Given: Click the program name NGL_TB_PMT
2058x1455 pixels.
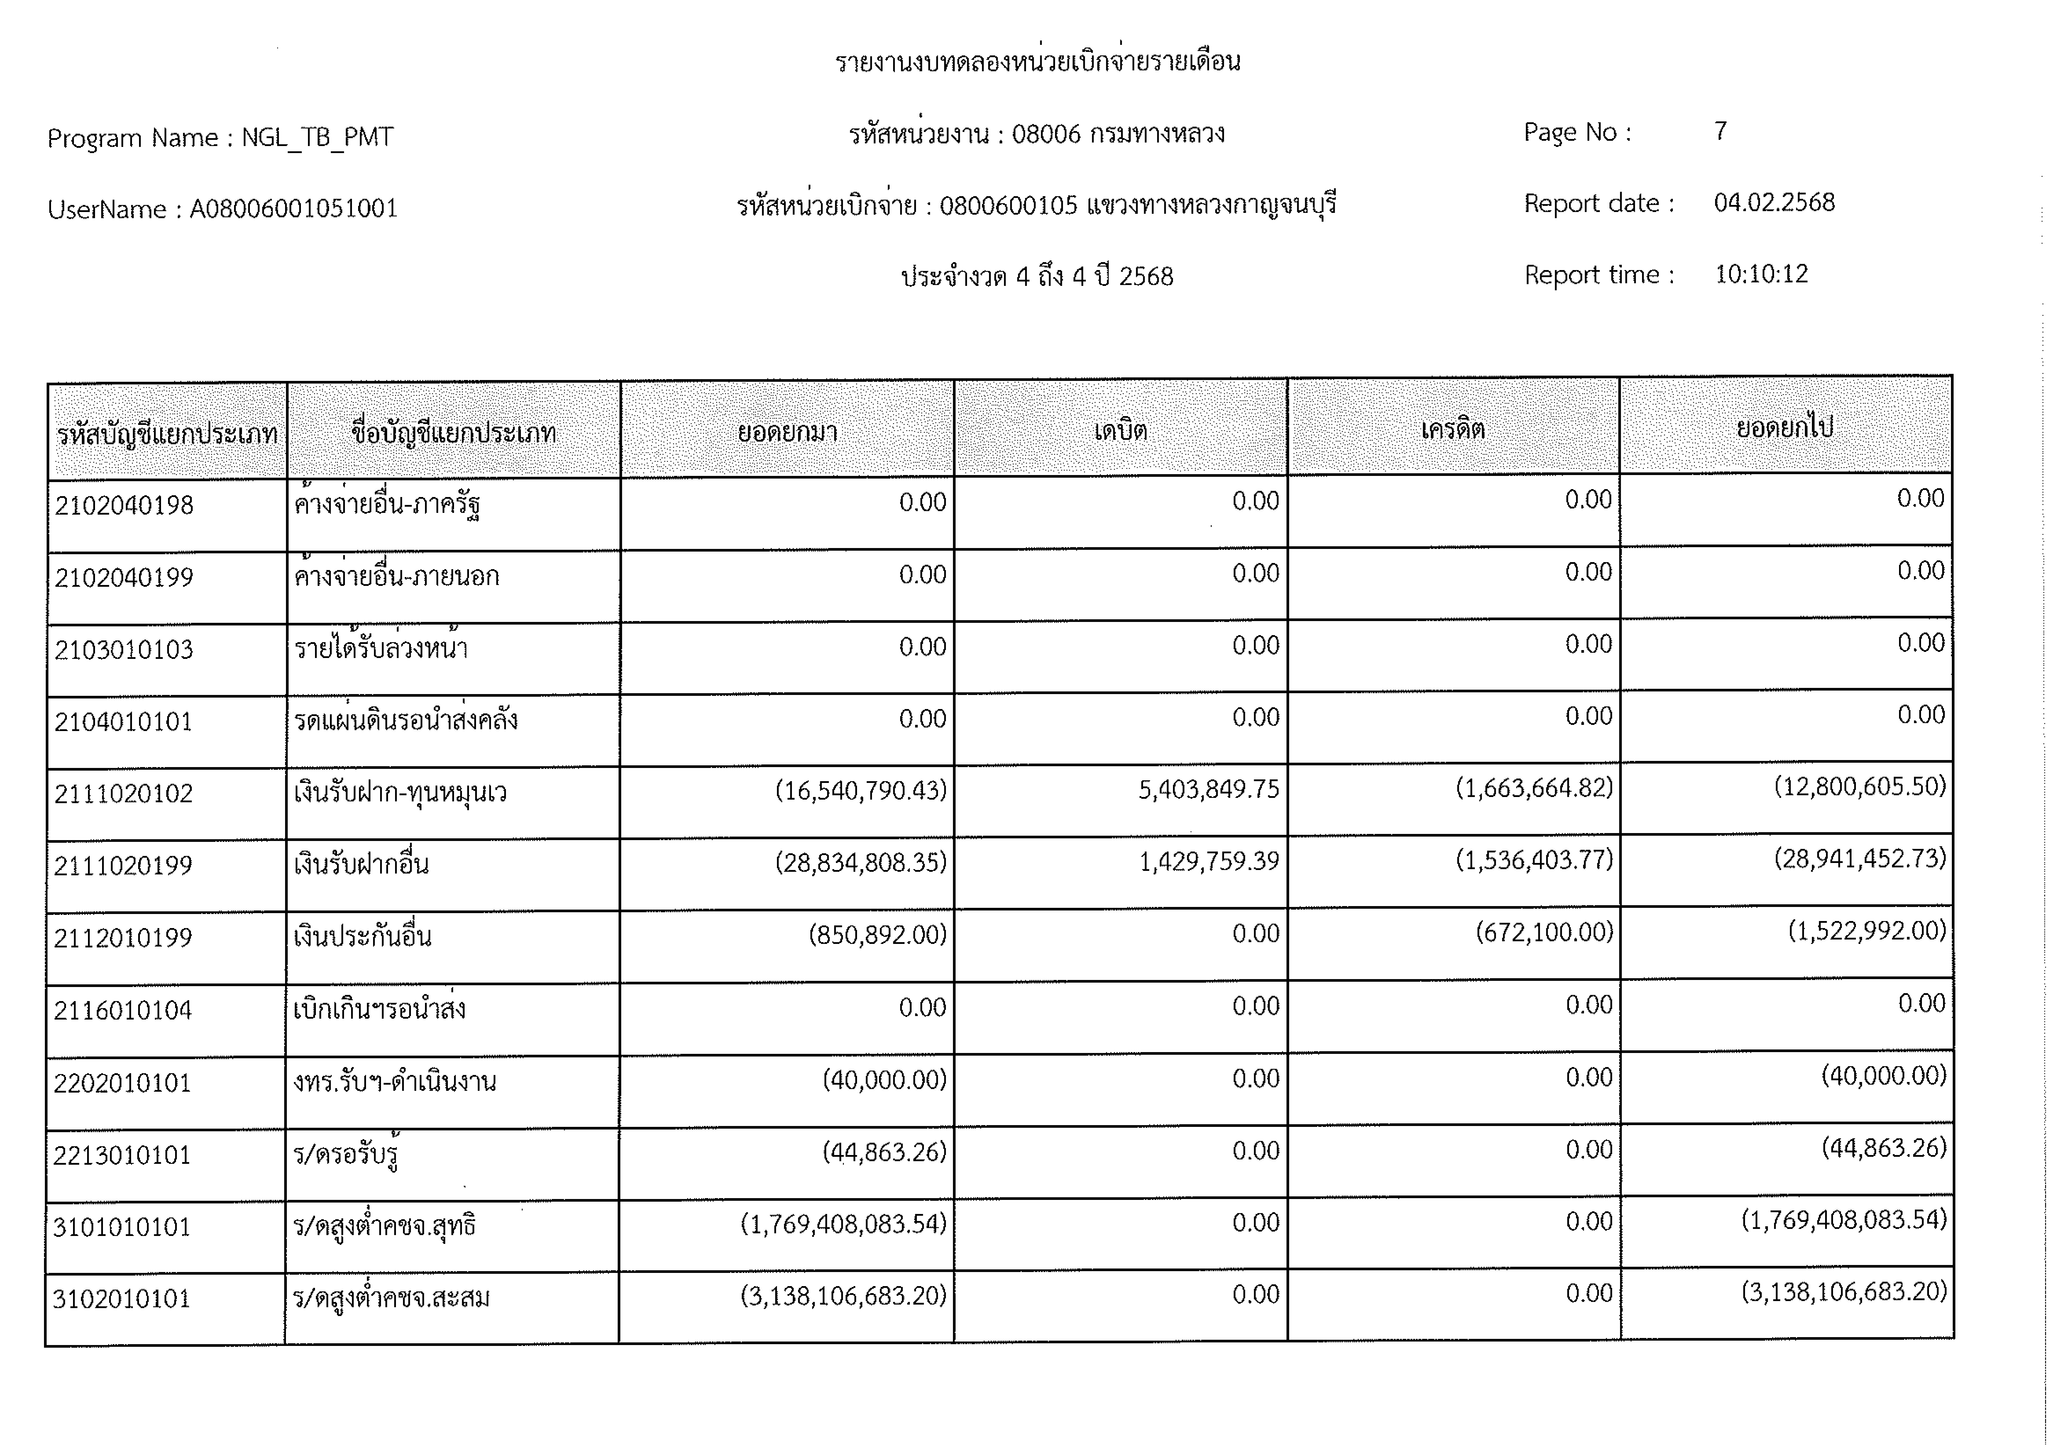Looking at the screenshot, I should point(317,137).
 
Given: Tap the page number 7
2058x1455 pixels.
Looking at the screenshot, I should point(1720,132).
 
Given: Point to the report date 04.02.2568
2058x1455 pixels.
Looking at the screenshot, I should point(1774,203).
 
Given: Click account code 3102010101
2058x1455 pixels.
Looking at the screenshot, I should point(122,1299).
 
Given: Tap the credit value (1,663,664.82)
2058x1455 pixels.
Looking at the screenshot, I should point(1534,788).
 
